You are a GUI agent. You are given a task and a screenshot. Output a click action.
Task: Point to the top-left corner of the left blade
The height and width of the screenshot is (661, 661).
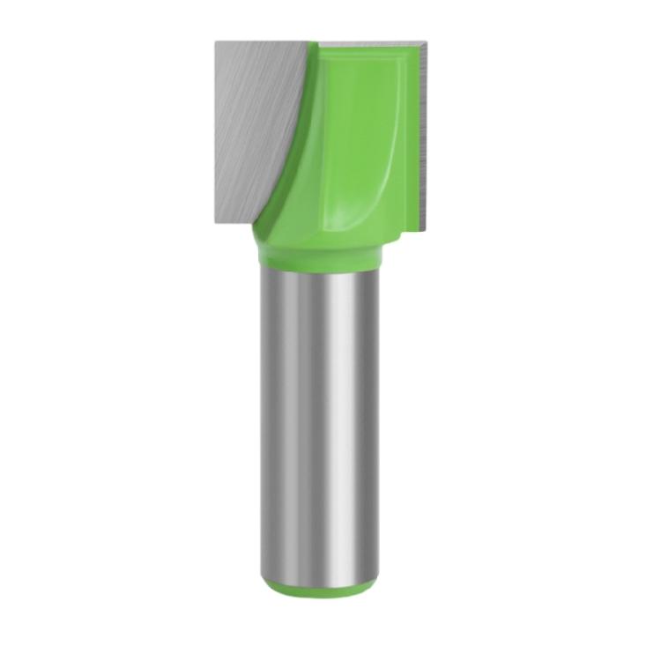pos(215,40)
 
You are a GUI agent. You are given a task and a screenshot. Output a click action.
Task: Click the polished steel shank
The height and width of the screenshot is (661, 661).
pos(322,423)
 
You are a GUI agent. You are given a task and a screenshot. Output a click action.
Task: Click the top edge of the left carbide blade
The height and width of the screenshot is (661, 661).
pos(264,41)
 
